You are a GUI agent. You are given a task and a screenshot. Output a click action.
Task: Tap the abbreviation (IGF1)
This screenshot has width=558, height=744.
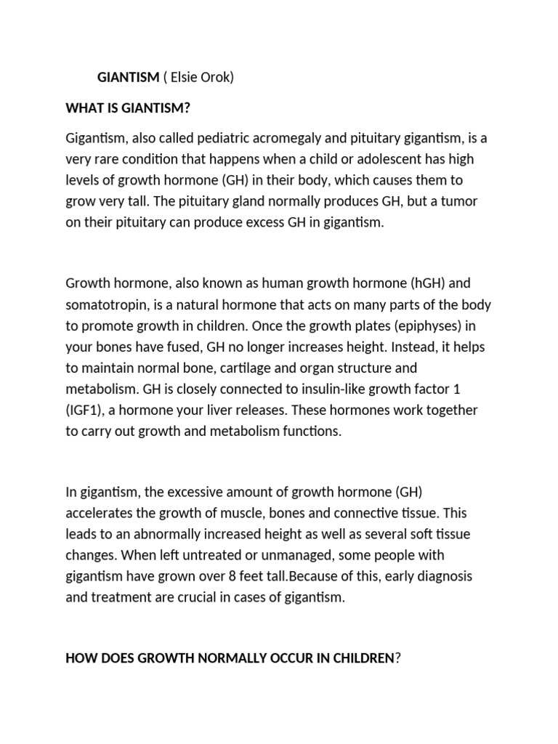click(x=87, y=411)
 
